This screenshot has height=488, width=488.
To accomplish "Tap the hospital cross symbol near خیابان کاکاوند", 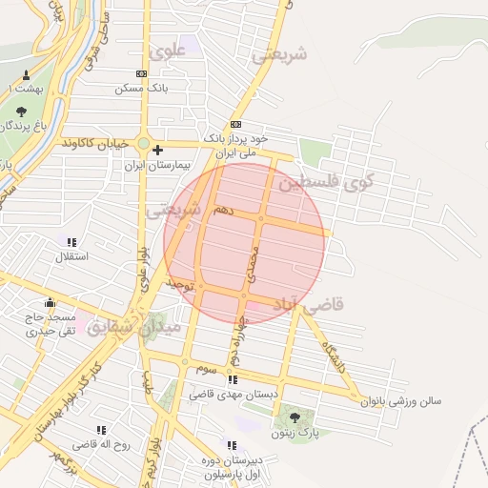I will coord(157,150).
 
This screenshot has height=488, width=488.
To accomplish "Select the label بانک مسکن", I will coord(141,88).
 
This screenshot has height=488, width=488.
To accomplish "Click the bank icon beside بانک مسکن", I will coord(142,73).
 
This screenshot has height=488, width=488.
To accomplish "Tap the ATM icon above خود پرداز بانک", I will coord(235,125).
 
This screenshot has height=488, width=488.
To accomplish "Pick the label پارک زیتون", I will coord(294,433).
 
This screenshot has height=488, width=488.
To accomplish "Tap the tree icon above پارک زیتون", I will coord(294,417).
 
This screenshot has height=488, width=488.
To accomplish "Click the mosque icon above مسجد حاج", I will coord(50,303).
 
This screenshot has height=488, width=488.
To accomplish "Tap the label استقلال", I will coord(71,256).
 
